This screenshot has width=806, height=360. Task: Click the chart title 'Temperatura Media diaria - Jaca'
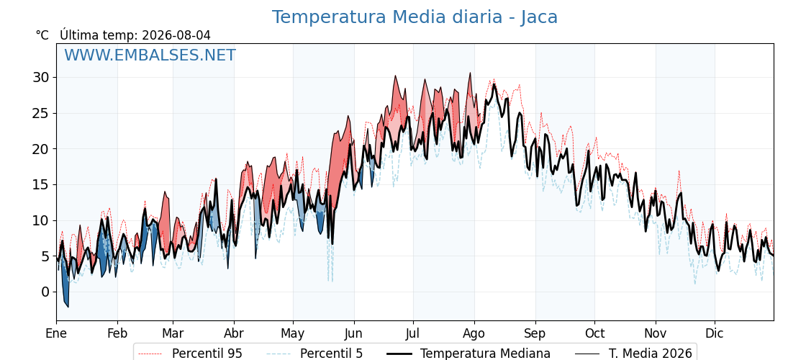click(415, 17)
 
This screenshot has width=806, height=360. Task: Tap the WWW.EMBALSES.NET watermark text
click(150, 55)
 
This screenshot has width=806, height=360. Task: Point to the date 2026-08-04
click(176, 35)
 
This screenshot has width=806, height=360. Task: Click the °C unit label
click(42, 35)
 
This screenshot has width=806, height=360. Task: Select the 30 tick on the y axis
click(42, 77)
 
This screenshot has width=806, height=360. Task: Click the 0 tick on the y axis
click(46, 292)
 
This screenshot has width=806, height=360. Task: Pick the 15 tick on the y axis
click(42, 184)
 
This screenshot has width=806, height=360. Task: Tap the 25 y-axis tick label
click(42, 113)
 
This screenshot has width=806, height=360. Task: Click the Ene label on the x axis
click(56, 333)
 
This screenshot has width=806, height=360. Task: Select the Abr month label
click(234, 333)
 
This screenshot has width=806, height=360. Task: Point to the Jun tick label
click(353, 333)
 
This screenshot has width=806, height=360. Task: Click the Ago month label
click(474, 333)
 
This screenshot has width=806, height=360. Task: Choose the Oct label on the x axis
click(594, 333)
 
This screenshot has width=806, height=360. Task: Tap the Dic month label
click(715, 333)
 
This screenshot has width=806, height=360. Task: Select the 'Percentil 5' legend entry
click(315, 354)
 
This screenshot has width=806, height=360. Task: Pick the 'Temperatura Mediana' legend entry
click(468, 354)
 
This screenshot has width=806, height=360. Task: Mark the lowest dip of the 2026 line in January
click(68, 307)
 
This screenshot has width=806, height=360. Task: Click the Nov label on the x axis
click(656, 333)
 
